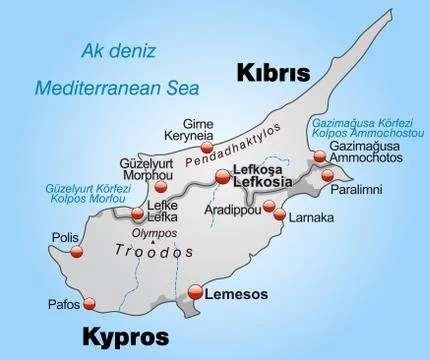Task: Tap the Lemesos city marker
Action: tap(196, 292)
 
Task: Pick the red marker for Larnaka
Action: tap(281, 216)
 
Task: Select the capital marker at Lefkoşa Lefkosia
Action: tap(223, 178)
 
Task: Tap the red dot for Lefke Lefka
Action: tap(137, 212)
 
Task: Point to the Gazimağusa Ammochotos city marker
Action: tap(319, 156)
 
